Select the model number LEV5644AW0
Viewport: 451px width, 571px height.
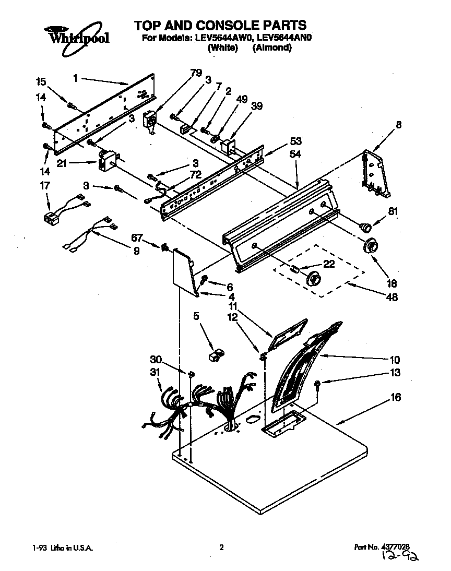pos(227,38)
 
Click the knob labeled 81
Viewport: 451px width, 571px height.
pos(366,226)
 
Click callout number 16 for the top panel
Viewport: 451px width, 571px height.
pos(396,398)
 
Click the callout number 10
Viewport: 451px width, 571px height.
pos(395,360)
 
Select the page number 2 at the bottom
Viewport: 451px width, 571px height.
pos(222,548)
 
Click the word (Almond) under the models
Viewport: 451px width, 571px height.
pos(272,48)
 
